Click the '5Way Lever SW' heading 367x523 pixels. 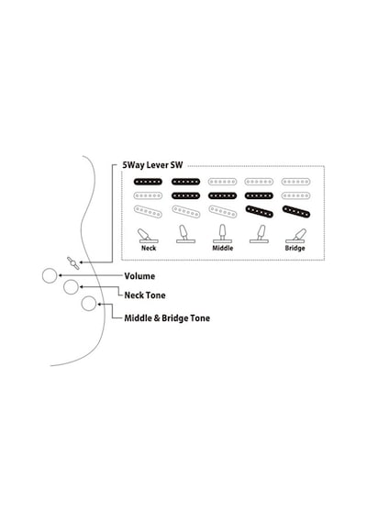(x=152, y=165)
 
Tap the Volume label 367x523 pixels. (x=139, y=276)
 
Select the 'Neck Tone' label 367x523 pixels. (x=145, y=295)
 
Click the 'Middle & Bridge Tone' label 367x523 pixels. (x=167, y=318)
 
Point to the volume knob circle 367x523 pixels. (x=50, y=275)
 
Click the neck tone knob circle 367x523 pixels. (x=71, y=287)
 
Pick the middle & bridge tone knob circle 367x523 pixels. (x=89, y=303)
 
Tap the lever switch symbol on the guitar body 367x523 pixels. (x=73, y=263)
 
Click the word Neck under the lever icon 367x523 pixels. (x=149, y=248)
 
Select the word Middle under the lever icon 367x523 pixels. (x=223, y=248)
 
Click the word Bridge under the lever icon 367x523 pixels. (x=295, y=248)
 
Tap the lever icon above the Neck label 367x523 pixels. (x=148, y=236)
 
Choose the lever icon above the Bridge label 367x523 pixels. (x=295, y=236)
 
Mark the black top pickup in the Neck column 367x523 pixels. (x=148, y=182)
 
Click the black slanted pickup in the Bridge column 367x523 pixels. (x=296, y=211)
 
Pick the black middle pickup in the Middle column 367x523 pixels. (x=223, y=195)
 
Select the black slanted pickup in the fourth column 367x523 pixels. (x=260, y=211)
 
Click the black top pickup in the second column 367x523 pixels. (x=186, y=182)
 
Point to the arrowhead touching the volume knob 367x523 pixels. (x=60, y=275)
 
